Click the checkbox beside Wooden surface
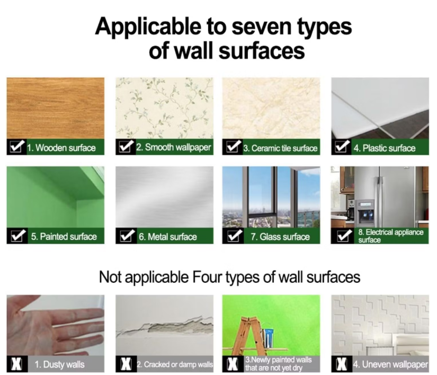pos(16,147)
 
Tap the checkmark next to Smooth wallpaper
pos(125,147)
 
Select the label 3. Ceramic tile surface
pos(280,148)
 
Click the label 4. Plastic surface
pos(385,148)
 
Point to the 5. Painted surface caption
pos(64,237)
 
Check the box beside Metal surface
pos(127,236)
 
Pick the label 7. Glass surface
pos(280,237)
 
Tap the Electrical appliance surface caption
pos(391,236)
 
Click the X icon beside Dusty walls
pos(17,364)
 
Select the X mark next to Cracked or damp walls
pos(126,364)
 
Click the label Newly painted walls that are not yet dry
pos(278,364)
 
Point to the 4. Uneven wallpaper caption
pos(390,364)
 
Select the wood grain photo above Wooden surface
pos(56,108)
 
